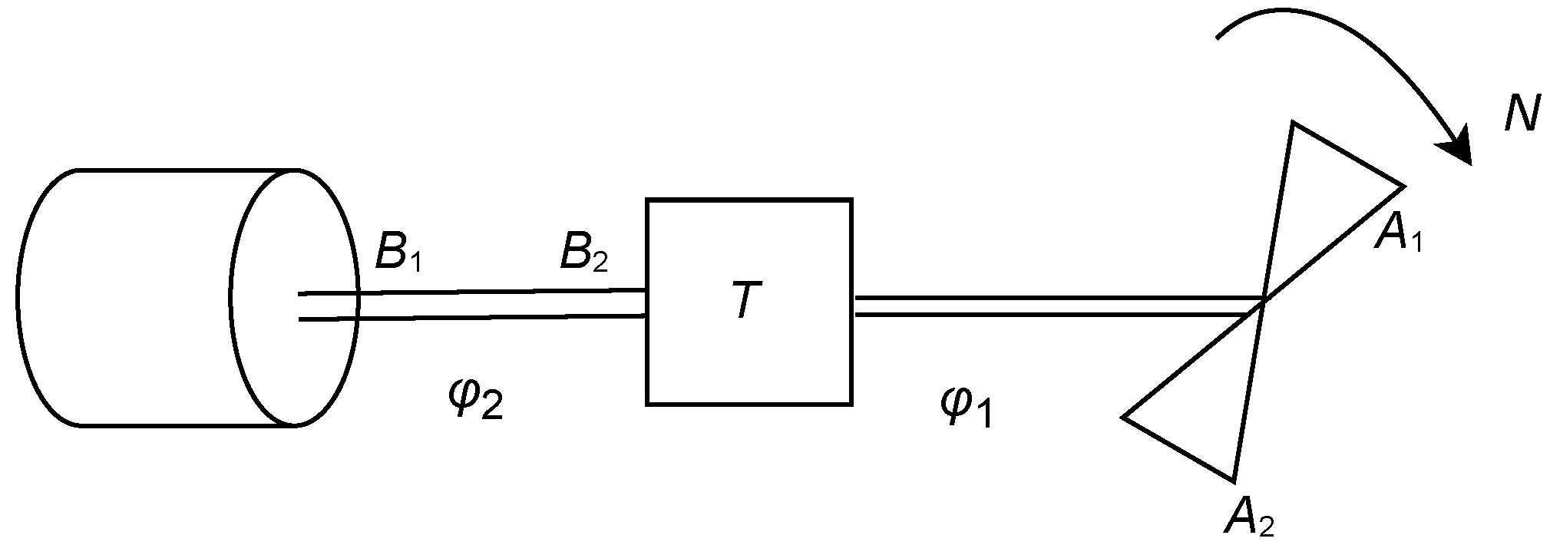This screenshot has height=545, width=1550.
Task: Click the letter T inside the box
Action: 744,300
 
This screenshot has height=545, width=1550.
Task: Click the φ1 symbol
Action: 966,407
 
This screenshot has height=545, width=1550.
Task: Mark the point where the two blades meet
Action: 1263,302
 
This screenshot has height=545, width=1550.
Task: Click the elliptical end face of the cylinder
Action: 294,297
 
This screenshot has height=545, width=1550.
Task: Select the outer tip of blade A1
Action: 1403,187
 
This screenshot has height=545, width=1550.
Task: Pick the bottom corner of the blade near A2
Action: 1233,481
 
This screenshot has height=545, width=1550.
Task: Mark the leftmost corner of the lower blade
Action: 1124,418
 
